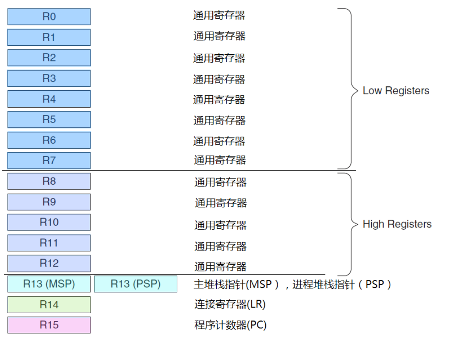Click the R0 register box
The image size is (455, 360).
(49, 17)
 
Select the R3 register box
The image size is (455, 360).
(49, 78)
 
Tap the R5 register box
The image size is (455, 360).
(49, 119)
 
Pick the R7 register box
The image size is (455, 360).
(49, 160)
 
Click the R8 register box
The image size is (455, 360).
(49, 181)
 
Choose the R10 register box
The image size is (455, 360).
(49, 222)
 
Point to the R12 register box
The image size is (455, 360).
(49, 263)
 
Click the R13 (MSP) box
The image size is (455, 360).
(49, 284)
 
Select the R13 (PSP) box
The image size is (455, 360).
(135, 284)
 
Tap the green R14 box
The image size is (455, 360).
(49, 305)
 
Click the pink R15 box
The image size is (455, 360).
(49, 325)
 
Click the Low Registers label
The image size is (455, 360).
(396, 91)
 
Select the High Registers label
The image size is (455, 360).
(397, 224)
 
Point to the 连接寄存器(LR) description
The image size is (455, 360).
(230, 304)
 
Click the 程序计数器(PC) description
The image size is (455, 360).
(230, 325)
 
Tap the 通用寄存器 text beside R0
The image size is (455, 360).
(219, 16)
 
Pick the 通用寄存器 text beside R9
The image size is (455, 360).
(220, 203)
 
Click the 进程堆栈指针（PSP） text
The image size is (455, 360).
(342, 284)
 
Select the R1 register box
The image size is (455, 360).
(49, 37)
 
